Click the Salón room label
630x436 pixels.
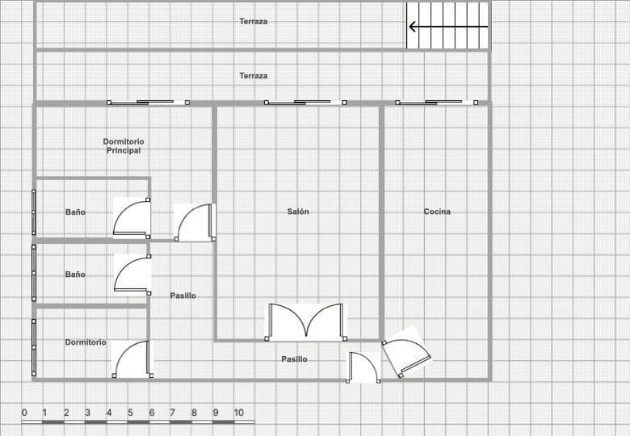(298, 212)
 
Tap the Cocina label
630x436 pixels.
(437, 212)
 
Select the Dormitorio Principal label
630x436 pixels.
(124, 146)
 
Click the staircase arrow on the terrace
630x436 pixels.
(448, 27)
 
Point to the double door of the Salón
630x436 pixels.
(306, 322)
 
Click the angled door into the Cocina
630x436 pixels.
(405, 353)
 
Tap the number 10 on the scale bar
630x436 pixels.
(238, 413)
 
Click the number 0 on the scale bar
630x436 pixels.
(24, 413)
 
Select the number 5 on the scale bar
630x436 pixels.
(130, 413)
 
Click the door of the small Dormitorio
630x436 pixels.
(132, 359)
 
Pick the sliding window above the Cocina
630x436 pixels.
(437, 103)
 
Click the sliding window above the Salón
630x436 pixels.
(305, 103)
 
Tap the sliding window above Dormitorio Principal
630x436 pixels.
(149, 103)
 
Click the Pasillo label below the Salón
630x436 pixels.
(294, 359)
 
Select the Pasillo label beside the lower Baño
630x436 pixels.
(183, 296)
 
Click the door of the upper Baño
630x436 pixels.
(132, 218)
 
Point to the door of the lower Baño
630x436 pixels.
(132, 275)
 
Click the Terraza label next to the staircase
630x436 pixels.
(254, 21)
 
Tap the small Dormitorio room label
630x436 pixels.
(86, 342)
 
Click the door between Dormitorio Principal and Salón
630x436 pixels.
(195, 222)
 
